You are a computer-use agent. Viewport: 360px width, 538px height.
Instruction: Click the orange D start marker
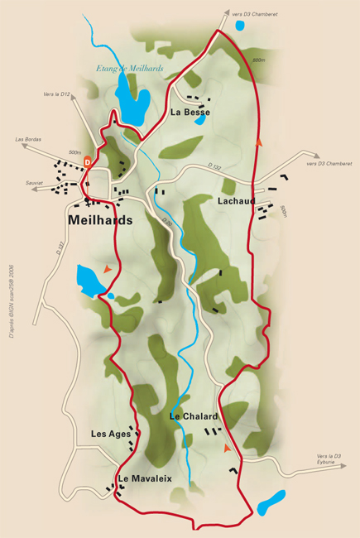pos(87,162)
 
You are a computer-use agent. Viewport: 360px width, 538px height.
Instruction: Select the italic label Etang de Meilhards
pos(129,69)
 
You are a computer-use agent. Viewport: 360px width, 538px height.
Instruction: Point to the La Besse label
pos(190,112)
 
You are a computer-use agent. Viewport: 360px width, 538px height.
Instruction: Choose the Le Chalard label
pos(193,416)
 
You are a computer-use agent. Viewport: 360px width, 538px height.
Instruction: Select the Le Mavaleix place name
pos(144,478)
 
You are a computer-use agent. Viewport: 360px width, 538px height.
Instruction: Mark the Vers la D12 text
pos(55,94)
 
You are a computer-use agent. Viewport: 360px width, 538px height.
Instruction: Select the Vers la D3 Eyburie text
pos(329,459)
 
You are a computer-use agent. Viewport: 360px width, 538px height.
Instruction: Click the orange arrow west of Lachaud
pos(260,142)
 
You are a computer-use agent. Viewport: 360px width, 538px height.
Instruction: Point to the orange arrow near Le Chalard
pos(226,448)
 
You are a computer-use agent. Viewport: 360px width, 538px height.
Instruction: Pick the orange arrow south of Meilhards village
pos(107,268)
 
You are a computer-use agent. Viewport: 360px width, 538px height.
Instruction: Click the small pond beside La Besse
pos(199,120)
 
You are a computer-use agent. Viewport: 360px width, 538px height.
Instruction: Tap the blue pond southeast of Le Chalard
pos(270,502)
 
